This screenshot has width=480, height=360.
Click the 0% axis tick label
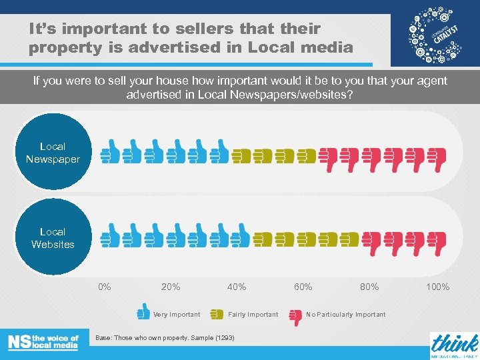point(105,287)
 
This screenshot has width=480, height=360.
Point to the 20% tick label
point(171,287)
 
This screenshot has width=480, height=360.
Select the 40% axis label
point(237,287)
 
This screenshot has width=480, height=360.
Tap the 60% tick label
point(303,287)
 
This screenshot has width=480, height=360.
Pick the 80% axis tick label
point(369,287)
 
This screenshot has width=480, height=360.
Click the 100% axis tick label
point(437,287)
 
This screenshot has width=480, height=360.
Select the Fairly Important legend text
point(253,315)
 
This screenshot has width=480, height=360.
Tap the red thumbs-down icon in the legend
point(295,315)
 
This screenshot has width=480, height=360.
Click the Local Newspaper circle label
point(53,153)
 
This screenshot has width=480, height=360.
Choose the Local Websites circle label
point(53,238)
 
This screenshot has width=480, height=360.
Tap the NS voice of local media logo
point(43,341)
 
